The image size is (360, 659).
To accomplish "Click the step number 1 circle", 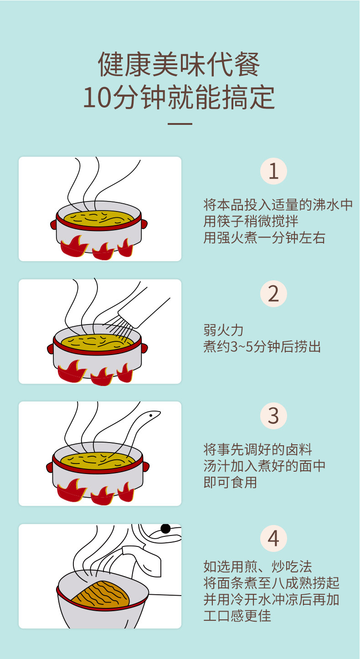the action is [x=273, y=171].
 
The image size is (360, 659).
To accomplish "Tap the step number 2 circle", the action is [x=273, y=294].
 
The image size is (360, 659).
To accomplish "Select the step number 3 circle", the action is [x=273, y=416].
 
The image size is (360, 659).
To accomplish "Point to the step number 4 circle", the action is [x=273, y=539].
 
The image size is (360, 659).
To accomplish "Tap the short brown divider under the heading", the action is [x=180, y=124].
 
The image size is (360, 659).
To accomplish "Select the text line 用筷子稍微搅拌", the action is [x=251, y=221].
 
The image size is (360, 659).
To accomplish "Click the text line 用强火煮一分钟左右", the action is [x=264, y=237].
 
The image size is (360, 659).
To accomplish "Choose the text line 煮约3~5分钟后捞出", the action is [x=262, y=346].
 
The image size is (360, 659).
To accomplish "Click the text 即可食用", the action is [x=230, y=482].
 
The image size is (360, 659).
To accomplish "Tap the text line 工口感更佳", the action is [x=237, y=616].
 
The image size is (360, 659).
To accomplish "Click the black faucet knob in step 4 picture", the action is [x=165, y=529].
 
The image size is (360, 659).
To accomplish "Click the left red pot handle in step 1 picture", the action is [x=53, y=224].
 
